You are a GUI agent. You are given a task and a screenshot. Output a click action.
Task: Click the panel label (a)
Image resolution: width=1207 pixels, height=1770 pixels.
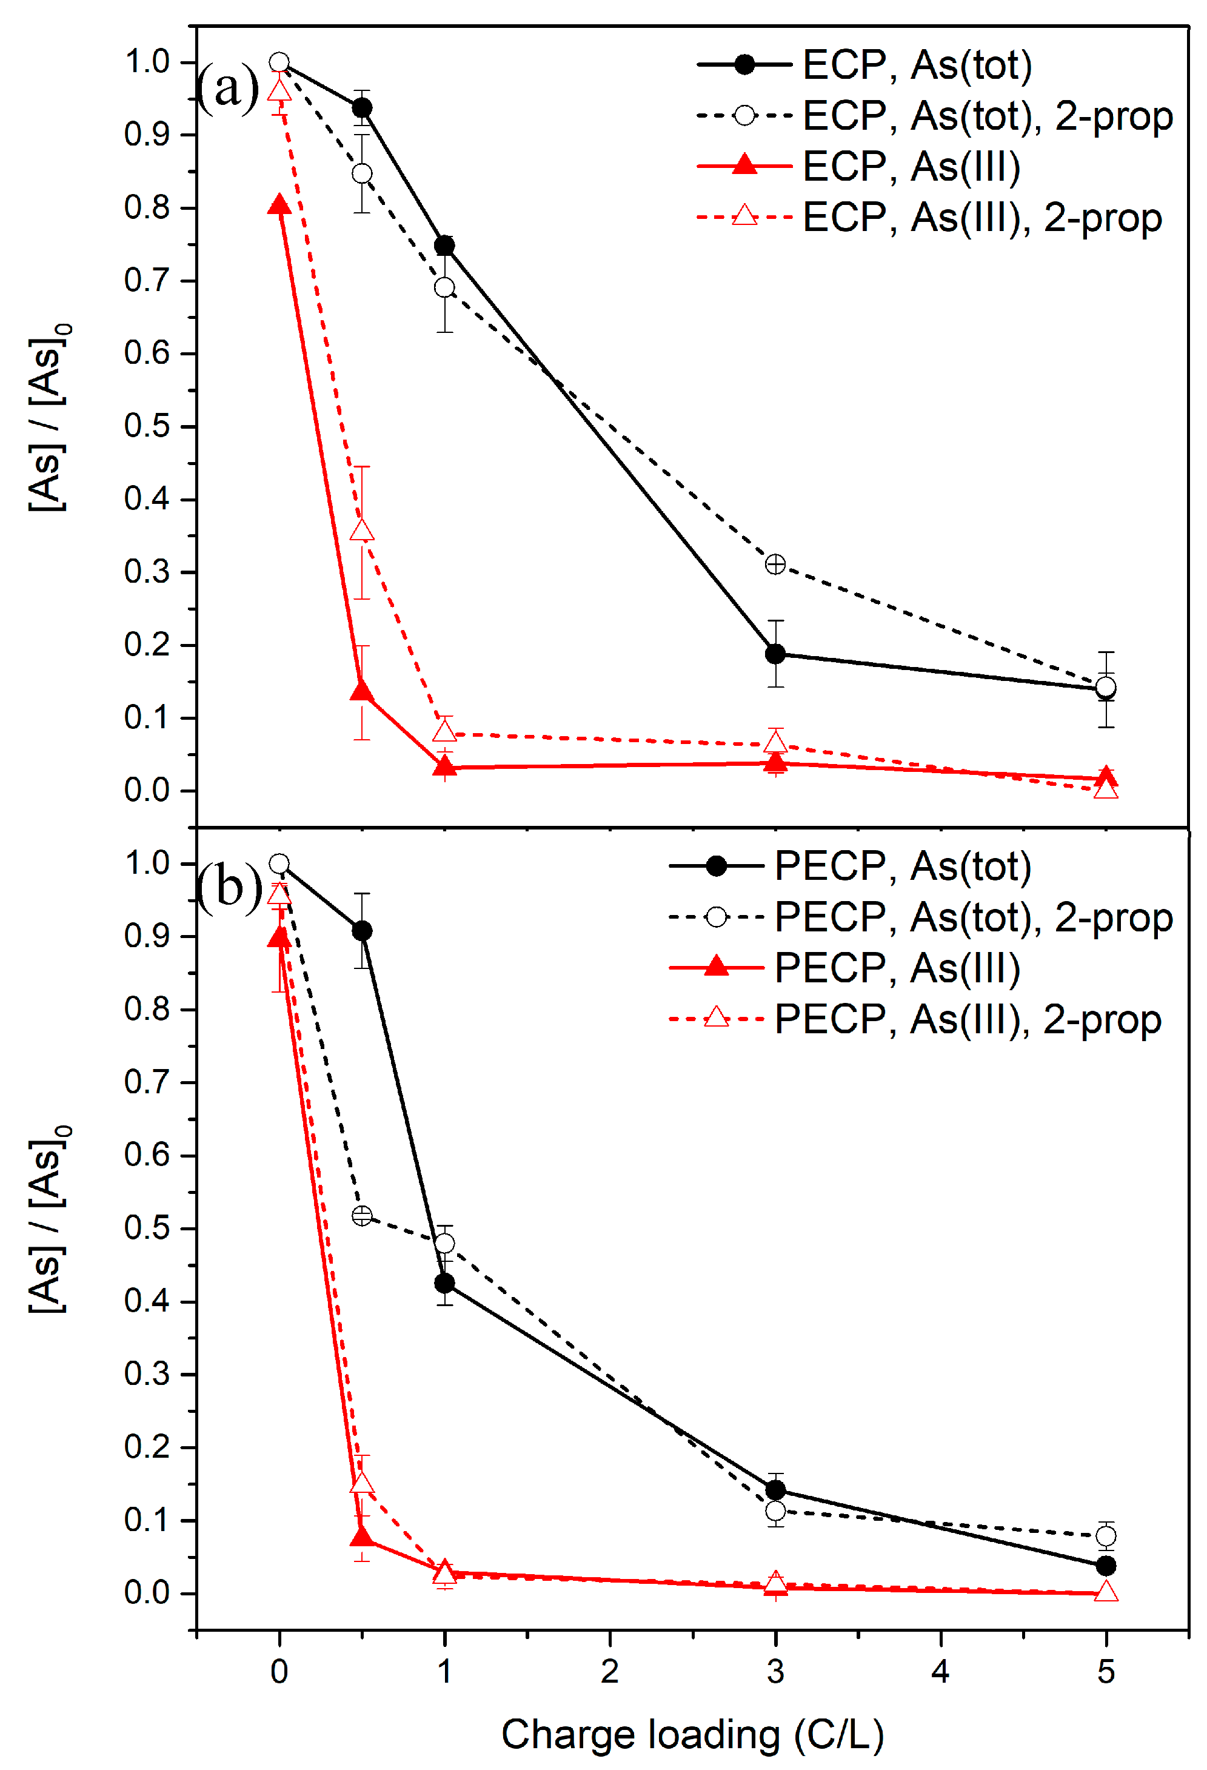(227, 87)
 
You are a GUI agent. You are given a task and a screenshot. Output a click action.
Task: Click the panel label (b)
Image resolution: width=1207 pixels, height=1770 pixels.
(229, 887)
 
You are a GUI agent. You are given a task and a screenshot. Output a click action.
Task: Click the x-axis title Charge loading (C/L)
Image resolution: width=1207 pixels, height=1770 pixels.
(692, 1734)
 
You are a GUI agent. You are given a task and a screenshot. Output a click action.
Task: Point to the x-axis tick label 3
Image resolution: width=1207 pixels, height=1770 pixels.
(775, 1671)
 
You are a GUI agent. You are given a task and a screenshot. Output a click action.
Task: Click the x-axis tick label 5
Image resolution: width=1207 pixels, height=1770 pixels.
(1105, 1671)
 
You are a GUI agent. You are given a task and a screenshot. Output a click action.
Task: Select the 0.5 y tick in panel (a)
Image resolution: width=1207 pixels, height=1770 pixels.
(146, 426)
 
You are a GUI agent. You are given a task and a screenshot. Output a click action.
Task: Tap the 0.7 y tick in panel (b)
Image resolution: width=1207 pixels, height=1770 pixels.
(146, 1082)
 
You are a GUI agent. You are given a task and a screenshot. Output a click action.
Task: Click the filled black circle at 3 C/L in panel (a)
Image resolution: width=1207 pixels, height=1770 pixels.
(775, 654)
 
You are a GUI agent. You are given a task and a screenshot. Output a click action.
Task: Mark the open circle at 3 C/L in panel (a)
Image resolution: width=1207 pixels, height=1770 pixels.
(775, 565)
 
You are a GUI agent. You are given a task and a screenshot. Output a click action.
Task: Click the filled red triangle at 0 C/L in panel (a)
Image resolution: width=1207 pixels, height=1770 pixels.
(279, 205)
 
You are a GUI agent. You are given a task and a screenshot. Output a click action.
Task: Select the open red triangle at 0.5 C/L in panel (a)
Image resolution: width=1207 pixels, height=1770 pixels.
(362, 531)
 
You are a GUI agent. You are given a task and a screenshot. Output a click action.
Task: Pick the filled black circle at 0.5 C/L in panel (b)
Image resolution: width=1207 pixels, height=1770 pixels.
(362, 931)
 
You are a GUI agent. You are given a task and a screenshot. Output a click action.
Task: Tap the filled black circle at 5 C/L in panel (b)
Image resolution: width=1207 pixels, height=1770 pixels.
(1105, 1566)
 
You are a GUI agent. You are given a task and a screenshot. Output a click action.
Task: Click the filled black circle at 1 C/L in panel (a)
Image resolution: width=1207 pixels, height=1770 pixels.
(444, 245)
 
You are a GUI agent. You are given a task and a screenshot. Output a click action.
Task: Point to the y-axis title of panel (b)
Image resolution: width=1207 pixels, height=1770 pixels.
(47, 1219)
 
